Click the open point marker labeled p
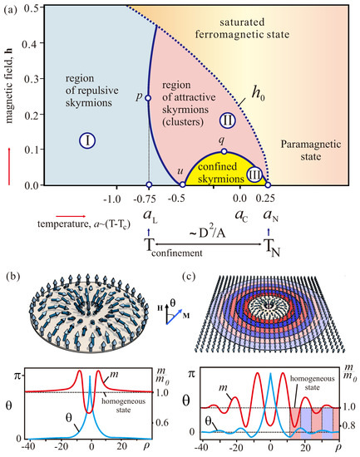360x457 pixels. pos(148,98)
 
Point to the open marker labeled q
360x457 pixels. pos(224,151)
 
